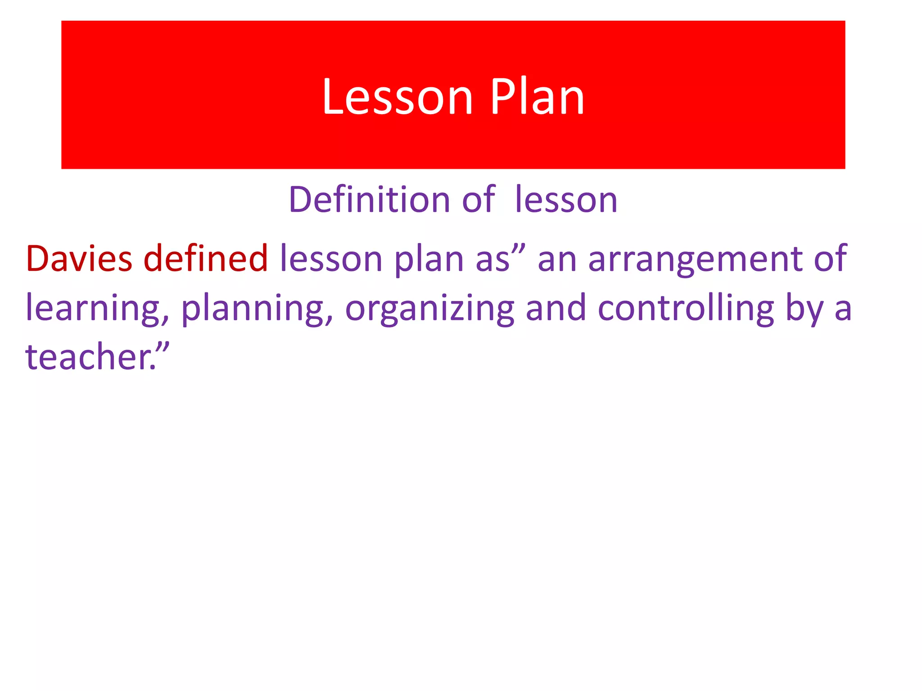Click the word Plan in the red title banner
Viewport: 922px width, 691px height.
[x=537, y=97]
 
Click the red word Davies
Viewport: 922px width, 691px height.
[x=79, y=259]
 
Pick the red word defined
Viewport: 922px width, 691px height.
[x=206, y=259]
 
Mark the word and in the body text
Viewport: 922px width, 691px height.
[x=556, y=308]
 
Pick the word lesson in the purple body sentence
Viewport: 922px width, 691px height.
[x=331, y=259]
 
